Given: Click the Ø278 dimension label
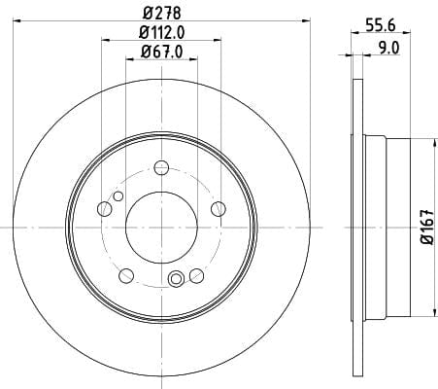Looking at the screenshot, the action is point(161,14).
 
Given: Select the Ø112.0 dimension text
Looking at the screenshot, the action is point(161,32).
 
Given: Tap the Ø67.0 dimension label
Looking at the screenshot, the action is point(161,52).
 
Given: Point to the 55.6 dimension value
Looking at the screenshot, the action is point(381,25).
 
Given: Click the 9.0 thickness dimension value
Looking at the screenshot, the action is point(388,48).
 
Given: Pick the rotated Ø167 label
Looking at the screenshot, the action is point(427,227).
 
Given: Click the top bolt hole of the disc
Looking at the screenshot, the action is point(161,167).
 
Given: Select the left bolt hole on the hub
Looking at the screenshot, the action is point(104,209).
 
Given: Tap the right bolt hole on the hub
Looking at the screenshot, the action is point(219,209).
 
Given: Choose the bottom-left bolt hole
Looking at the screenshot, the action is point(126,276).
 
